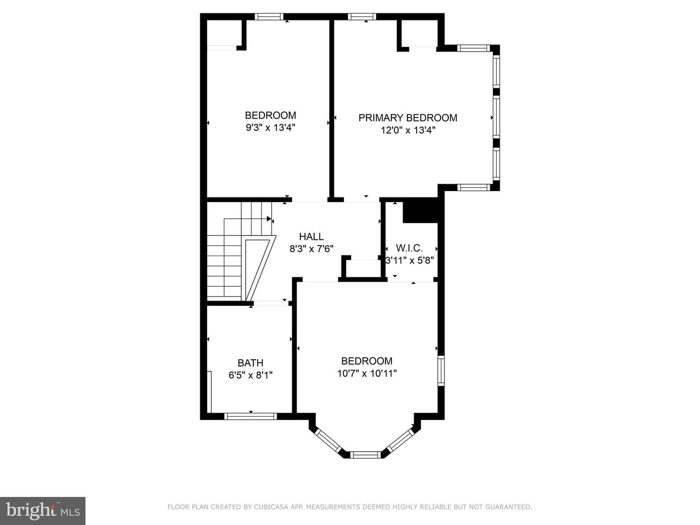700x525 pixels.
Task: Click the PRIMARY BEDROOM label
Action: [x=407, y=118]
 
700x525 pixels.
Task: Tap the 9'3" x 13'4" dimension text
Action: [x=270, y=128]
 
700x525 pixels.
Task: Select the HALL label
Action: [x=311, y=237]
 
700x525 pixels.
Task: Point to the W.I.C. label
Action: [x=409, y=248]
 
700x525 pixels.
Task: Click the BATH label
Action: [x=250, y=363]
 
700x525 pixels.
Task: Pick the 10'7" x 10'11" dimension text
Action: [x=367, y=373]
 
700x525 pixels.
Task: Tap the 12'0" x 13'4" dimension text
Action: [x=408, y=130]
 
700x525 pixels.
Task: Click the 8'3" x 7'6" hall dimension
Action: [x=311, y=248]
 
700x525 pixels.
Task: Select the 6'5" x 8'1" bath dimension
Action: [x=250, y=375]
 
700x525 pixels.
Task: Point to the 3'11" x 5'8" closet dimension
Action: [x=409, y=261]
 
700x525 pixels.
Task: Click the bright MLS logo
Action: [x=43, y=510]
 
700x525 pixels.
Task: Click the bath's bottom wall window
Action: [x=251, y=416]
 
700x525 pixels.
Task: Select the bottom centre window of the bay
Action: [x=366, y=455]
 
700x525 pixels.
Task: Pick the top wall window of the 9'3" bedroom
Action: [x=269, y=17]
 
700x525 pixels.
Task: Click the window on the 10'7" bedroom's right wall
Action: [x=441, y=371]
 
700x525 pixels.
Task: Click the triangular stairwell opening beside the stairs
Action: [x=259, y=268]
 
